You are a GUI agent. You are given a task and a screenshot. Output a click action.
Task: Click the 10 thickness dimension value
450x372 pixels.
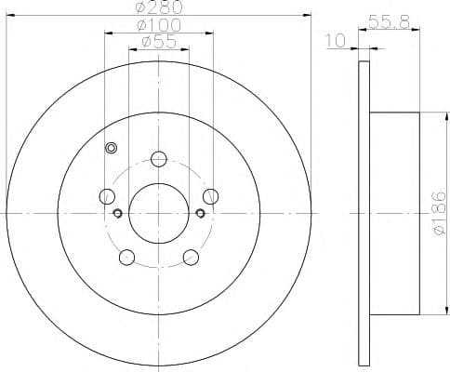(x=336, y=42)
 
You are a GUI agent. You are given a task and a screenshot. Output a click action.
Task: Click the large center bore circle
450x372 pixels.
(x=159, y=213)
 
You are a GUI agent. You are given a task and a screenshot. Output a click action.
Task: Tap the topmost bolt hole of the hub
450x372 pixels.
(x=159, y=159)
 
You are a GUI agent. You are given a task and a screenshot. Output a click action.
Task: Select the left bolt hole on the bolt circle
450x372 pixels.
(x=107, y=196)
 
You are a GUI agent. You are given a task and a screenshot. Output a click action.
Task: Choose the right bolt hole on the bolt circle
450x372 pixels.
(x=211, y=196)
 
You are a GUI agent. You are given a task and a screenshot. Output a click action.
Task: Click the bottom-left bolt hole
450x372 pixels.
(x=127, y=257)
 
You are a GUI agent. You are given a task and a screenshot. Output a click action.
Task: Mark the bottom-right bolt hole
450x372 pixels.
(x=191, y=257)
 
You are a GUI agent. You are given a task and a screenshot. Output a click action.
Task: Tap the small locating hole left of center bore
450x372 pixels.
(x=117, y=213)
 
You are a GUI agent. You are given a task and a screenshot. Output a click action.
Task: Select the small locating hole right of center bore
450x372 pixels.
(x=201, y=213)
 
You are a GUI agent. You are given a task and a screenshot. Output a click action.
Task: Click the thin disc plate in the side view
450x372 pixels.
(x=363, y=213)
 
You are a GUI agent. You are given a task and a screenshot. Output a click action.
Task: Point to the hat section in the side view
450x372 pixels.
(x=394, y=213)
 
